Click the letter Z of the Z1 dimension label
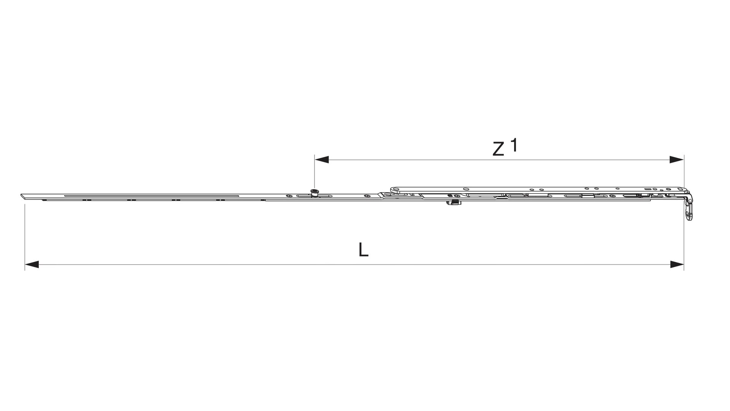[x=498, y=149]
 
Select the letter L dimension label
[x=363, y=250]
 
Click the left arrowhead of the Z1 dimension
[x=322, y=160]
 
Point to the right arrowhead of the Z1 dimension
[x=677, y=160]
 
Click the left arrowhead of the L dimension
[x=32, y=264]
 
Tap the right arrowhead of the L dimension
[x=677, y=264]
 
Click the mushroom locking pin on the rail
[x=314, y=193]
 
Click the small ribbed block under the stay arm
[x=452, y=203]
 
